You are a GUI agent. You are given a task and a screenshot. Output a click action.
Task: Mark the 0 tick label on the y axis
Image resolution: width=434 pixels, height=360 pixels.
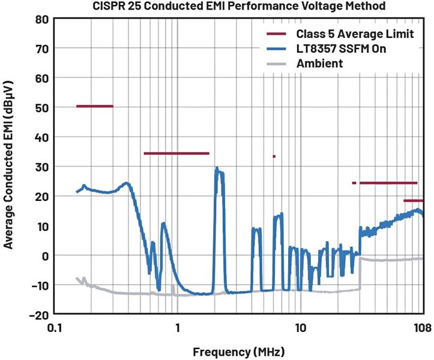[44, 256]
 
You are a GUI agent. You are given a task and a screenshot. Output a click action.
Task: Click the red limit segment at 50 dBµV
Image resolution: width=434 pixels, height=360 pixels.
[95, 106]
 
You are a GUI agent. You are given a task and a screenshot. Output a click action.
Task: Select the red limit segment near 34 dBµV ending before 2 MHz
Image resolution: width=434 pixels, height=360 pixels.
[176, 154]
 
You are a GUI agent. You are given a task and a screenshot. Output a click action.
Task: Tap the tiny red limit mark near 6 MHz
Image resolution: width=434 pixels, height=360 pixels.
[274, 157]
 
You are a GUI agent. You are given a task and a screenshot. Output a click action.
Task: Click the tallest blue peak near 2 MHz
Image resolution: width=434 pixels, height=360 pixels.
[217, 169]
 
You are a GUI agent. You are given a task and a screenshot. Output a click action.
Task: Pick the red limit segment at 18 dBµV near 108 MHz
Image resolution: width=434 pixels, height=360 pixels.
[414, 201]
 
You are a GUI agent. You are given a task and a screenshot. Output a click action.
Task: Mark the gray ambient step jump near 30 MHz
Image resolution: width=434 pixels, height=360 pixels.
[360, 273]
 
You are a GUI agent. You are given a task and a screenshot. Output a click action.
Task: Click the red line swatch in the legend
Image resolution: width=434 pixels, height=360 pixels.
[277, 34]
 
